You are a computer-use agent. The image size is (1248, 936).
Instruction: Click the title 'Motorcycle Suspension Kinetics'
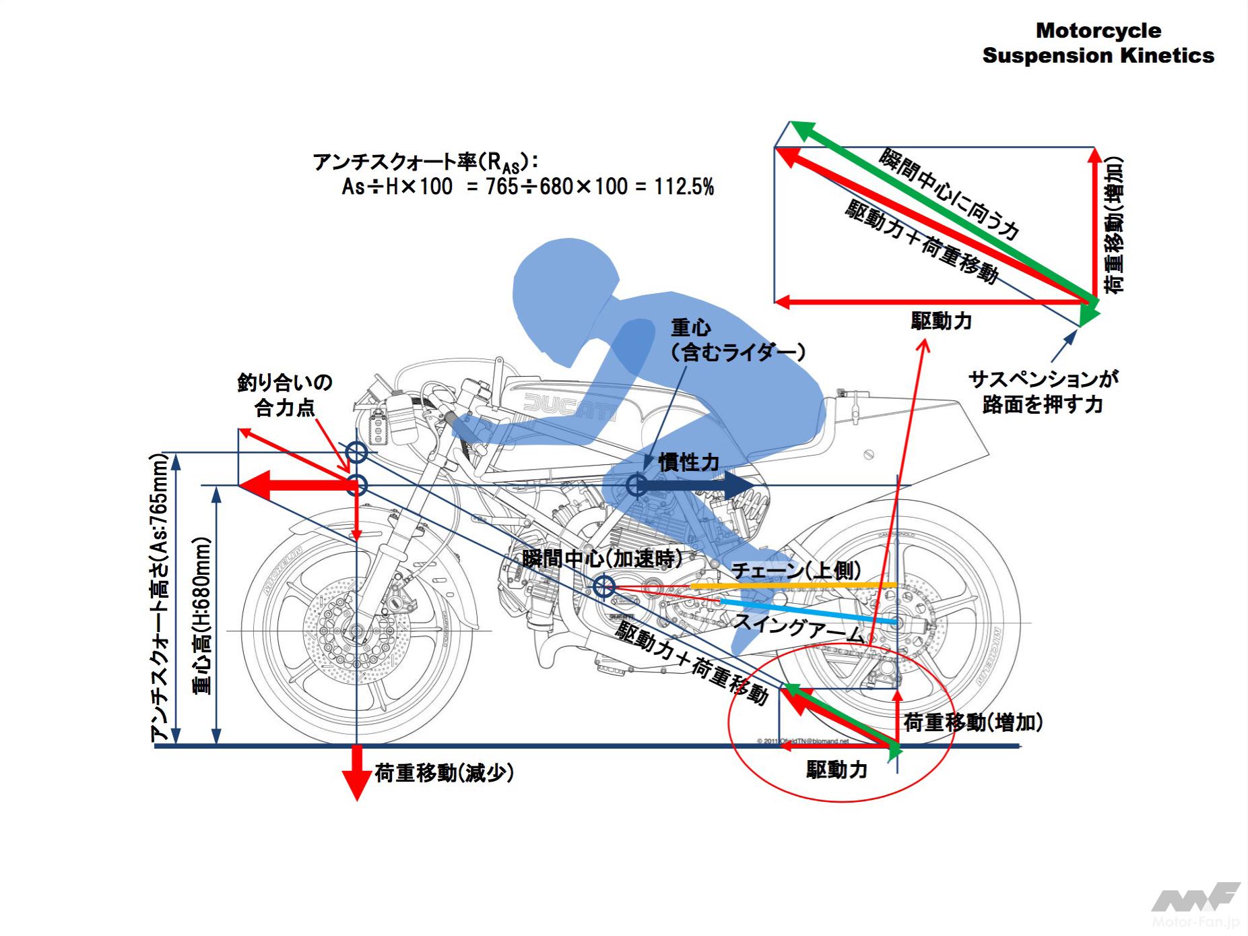tap(1098, 43)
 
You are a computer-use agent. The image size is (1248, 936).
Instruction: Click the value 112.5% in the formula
tap(684, 187)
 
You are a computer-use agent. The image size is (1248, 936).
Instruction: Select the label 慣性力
tap(688, 462)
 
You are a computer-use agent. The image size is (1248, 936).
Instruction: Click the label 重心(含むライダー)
tap(737, 340)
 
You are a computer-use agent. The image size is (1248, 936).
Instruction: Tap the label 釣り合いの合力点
tap(285, 395)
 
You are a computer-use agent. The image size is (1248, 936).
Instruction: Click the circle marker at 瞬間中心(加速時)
tap(603, 586)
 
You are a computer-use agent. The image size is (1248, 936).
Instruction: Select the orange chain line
tap(795, 586)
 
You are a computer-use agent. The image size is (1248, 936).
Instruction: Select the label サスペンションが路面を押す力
tap(1043, 392)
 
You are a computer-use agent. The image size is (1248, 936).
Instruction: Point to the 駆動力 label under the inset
tap(941, 321)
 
